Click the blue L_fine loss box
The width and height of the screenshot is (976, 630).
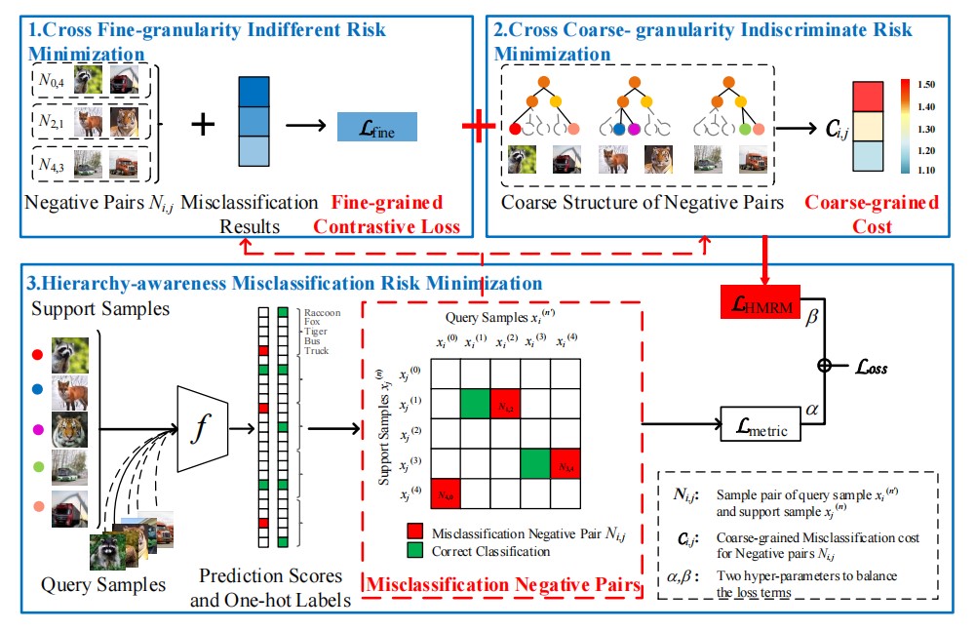pos(376,128)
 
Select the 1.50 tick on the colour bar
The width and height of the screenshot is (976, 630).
pos(925,85)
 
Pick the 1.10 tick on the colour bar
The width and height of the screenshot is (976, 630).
pos(925,170)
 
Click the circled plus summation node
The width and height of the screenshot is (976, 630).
pos(827,366)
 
